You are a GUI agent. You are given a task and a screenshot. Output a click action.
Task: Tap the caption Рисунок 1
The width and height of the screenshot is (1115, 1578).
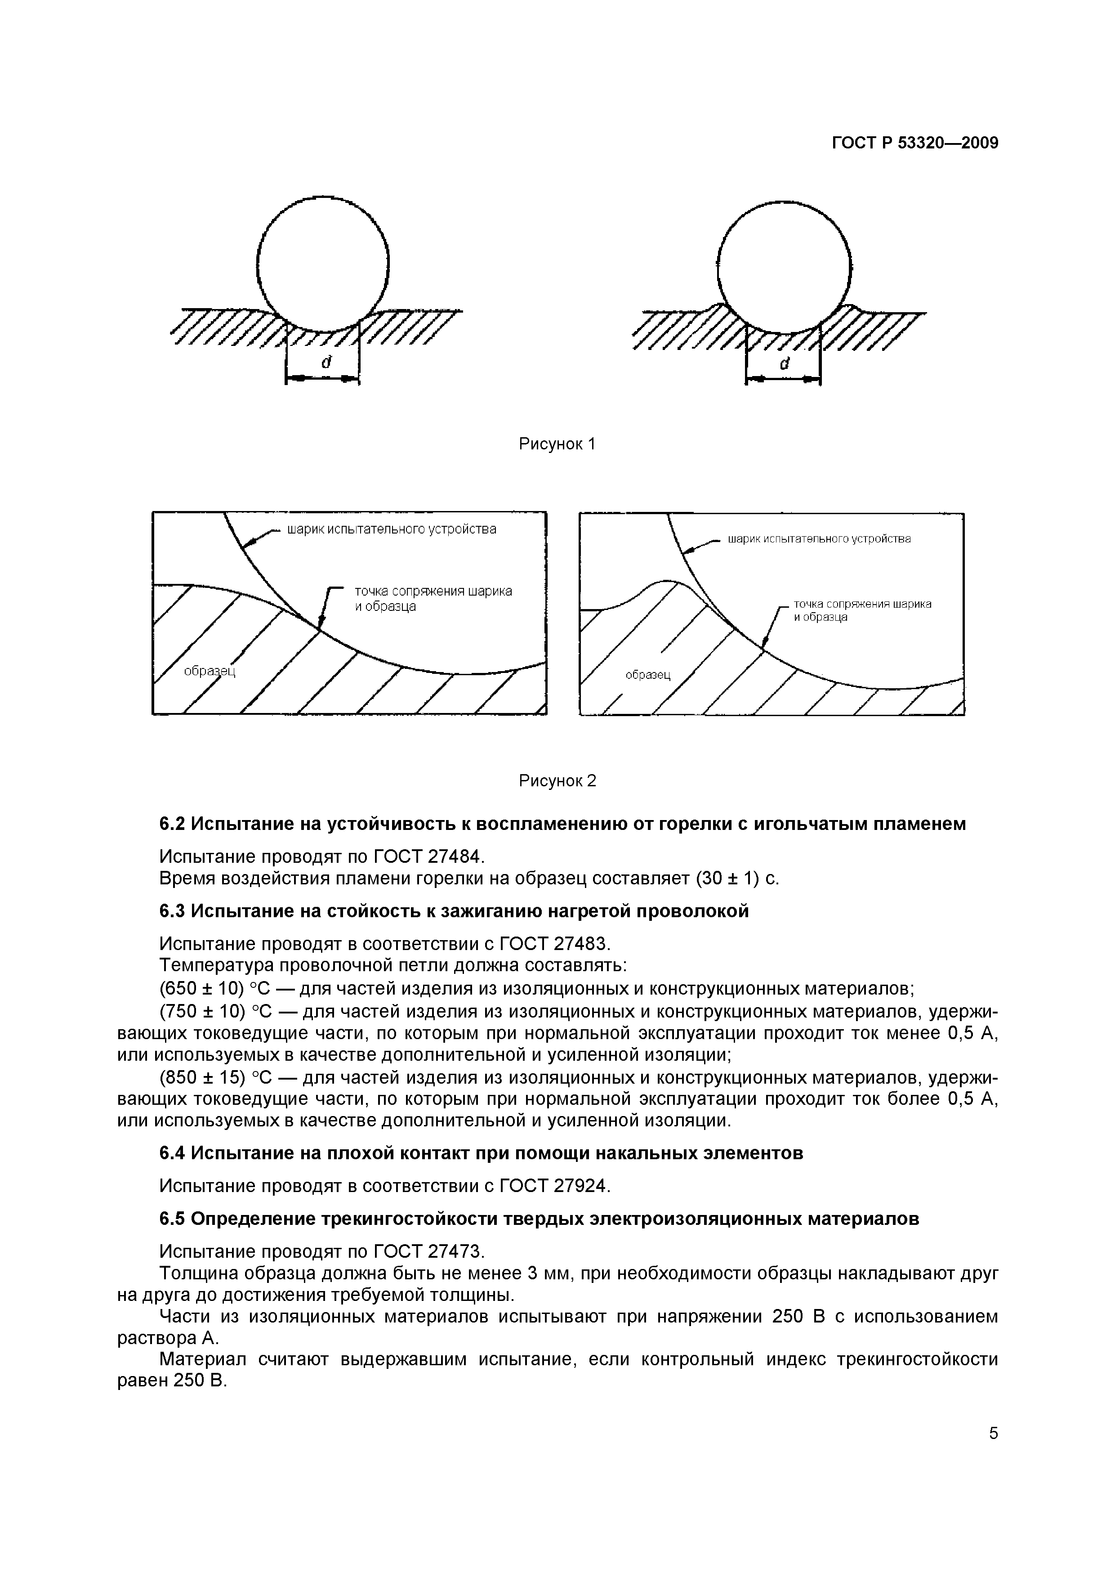pyautogui.click(x=557, y=444)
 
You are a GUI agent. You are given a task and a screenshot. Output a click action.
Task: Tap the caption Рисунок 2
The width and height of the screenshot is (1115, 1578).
pyautogui.click(x=557, y=781)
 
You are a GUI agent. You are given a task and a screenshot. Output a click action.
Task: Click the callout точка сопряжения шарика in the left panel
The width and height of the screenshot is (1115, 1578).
pyautogui.click(x=433, y=591)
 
